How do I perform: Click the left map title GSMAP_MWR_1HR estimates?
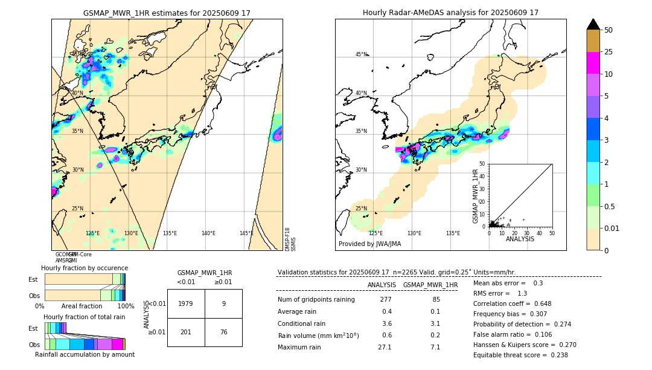[167, 13]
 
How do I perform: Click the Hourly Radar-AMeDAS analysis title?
[450, 13]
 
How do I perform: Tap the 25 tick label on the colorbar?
[609, 52]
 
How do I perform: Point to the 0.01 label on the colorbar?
[612, 228]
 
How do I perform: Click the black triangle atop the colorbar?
[593, 24]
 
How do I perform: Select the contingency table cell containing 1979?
[186, 303]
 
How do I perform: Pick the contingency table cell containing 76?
[223, 332]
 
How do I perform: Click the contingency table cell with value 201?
[186, 332]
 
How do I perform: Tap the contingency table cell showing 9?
[223, 303]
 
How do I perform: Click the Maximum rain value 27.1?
[385, 347]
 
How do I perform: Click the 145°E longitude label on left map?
[246, 233]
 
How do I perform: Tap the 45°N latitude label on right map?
[361, 54]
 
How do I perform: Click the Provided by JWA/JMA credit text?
[369, 244]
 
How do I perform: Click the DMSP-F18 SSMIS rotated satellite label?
[290, 239]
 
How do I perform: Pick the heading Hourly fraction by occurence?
[85, 268]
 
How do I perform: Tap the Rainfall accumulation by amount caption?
[85, 354]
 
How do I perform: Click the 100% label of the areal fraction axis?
[126, 307]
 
